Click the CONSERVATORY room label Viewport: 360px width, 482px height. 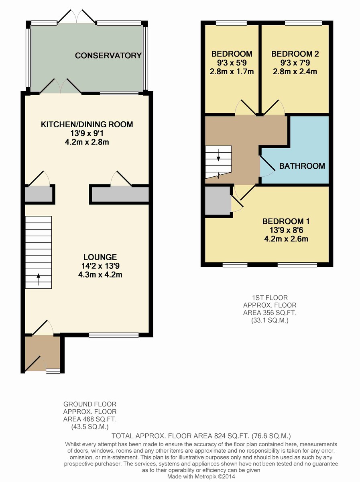click(x=108, y=55)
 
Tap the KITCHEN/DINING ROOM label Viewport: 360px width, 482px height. click(x=87, y=124)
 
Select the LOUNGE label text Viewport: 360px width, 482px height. click(x=100, y=257)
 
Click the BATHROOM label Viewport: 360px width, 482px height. click(x=302, y=166)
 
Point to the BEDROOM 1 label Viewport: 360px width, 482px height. click(x=286, y=221)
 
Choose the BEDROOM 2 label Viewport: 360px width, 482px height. click(x=295, y=54)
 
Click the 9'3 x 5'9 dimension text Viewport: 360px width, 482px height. click(x=232, y=63)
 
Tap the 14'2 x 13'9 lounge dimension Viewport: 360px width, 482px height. click(x=100, y=266)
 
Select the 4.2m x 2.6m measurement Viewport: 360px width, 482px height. click(x=286, y=239)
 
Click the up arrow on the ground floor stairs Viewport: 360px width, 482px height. click(x=39, y=279)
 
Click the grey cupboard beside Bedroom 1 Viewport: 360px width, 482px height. click(x=218, y=201)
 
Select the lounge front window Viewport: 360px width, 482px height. click(x=114, y=335)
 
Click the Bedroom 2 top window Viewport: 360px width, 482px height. click(x=303, y=23)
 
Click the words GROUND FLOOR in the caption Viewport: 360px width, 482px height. click(x=90, y=404)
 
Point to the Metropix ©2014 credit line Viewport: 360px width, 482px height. click(x=201, y=476)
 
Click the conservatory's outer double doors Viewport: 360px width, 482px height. click(x=77, y=16)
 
